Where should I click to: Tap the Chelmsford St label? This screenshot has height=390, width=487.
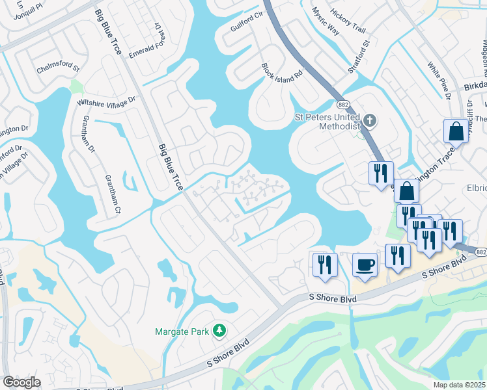point(57,68)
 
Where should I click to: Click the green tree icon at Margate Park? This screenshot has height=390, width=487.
point(219,331)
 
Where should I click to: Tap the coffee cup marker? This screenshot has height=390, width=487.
point(365,265)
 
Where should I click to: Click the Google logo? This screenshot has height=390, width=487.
point(21,382)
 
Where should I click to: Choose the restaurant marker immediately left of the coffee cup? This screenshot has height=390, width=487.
point(323,264)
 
